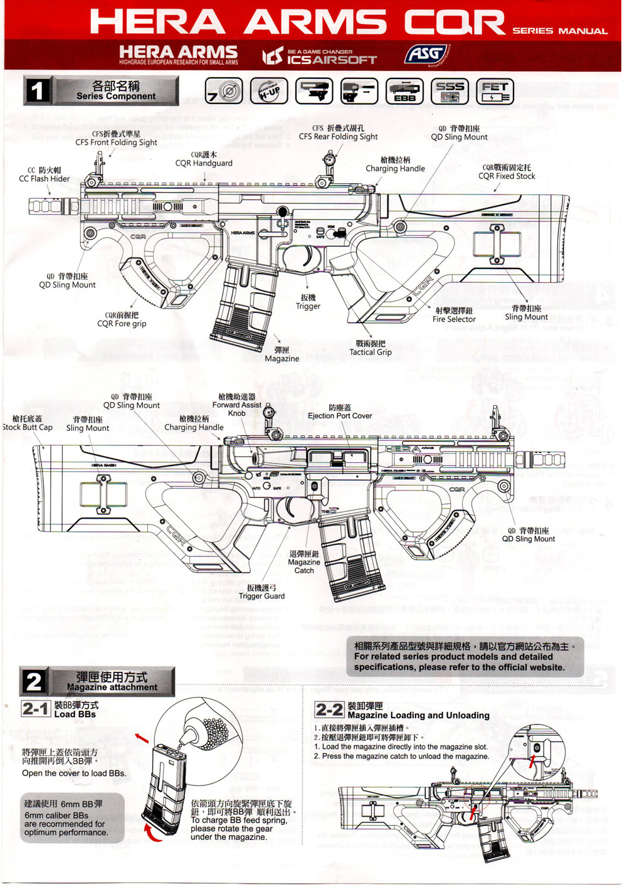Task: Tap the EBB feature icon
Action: click(404, 91)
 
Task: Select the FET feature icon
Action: click(495, 92)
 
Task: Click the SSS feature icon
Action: click(450, 91)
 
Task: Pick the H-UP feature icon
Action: click(269, 91)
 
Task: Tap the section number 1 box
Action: click(37, 91)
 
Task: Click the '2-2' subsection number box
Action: click(329, 709)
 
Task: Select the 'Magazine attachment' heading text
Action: click(112, 687)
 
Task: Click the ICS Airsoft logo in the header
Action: click(320, 57)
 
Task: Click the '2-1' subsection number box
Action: click(35, 709)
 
